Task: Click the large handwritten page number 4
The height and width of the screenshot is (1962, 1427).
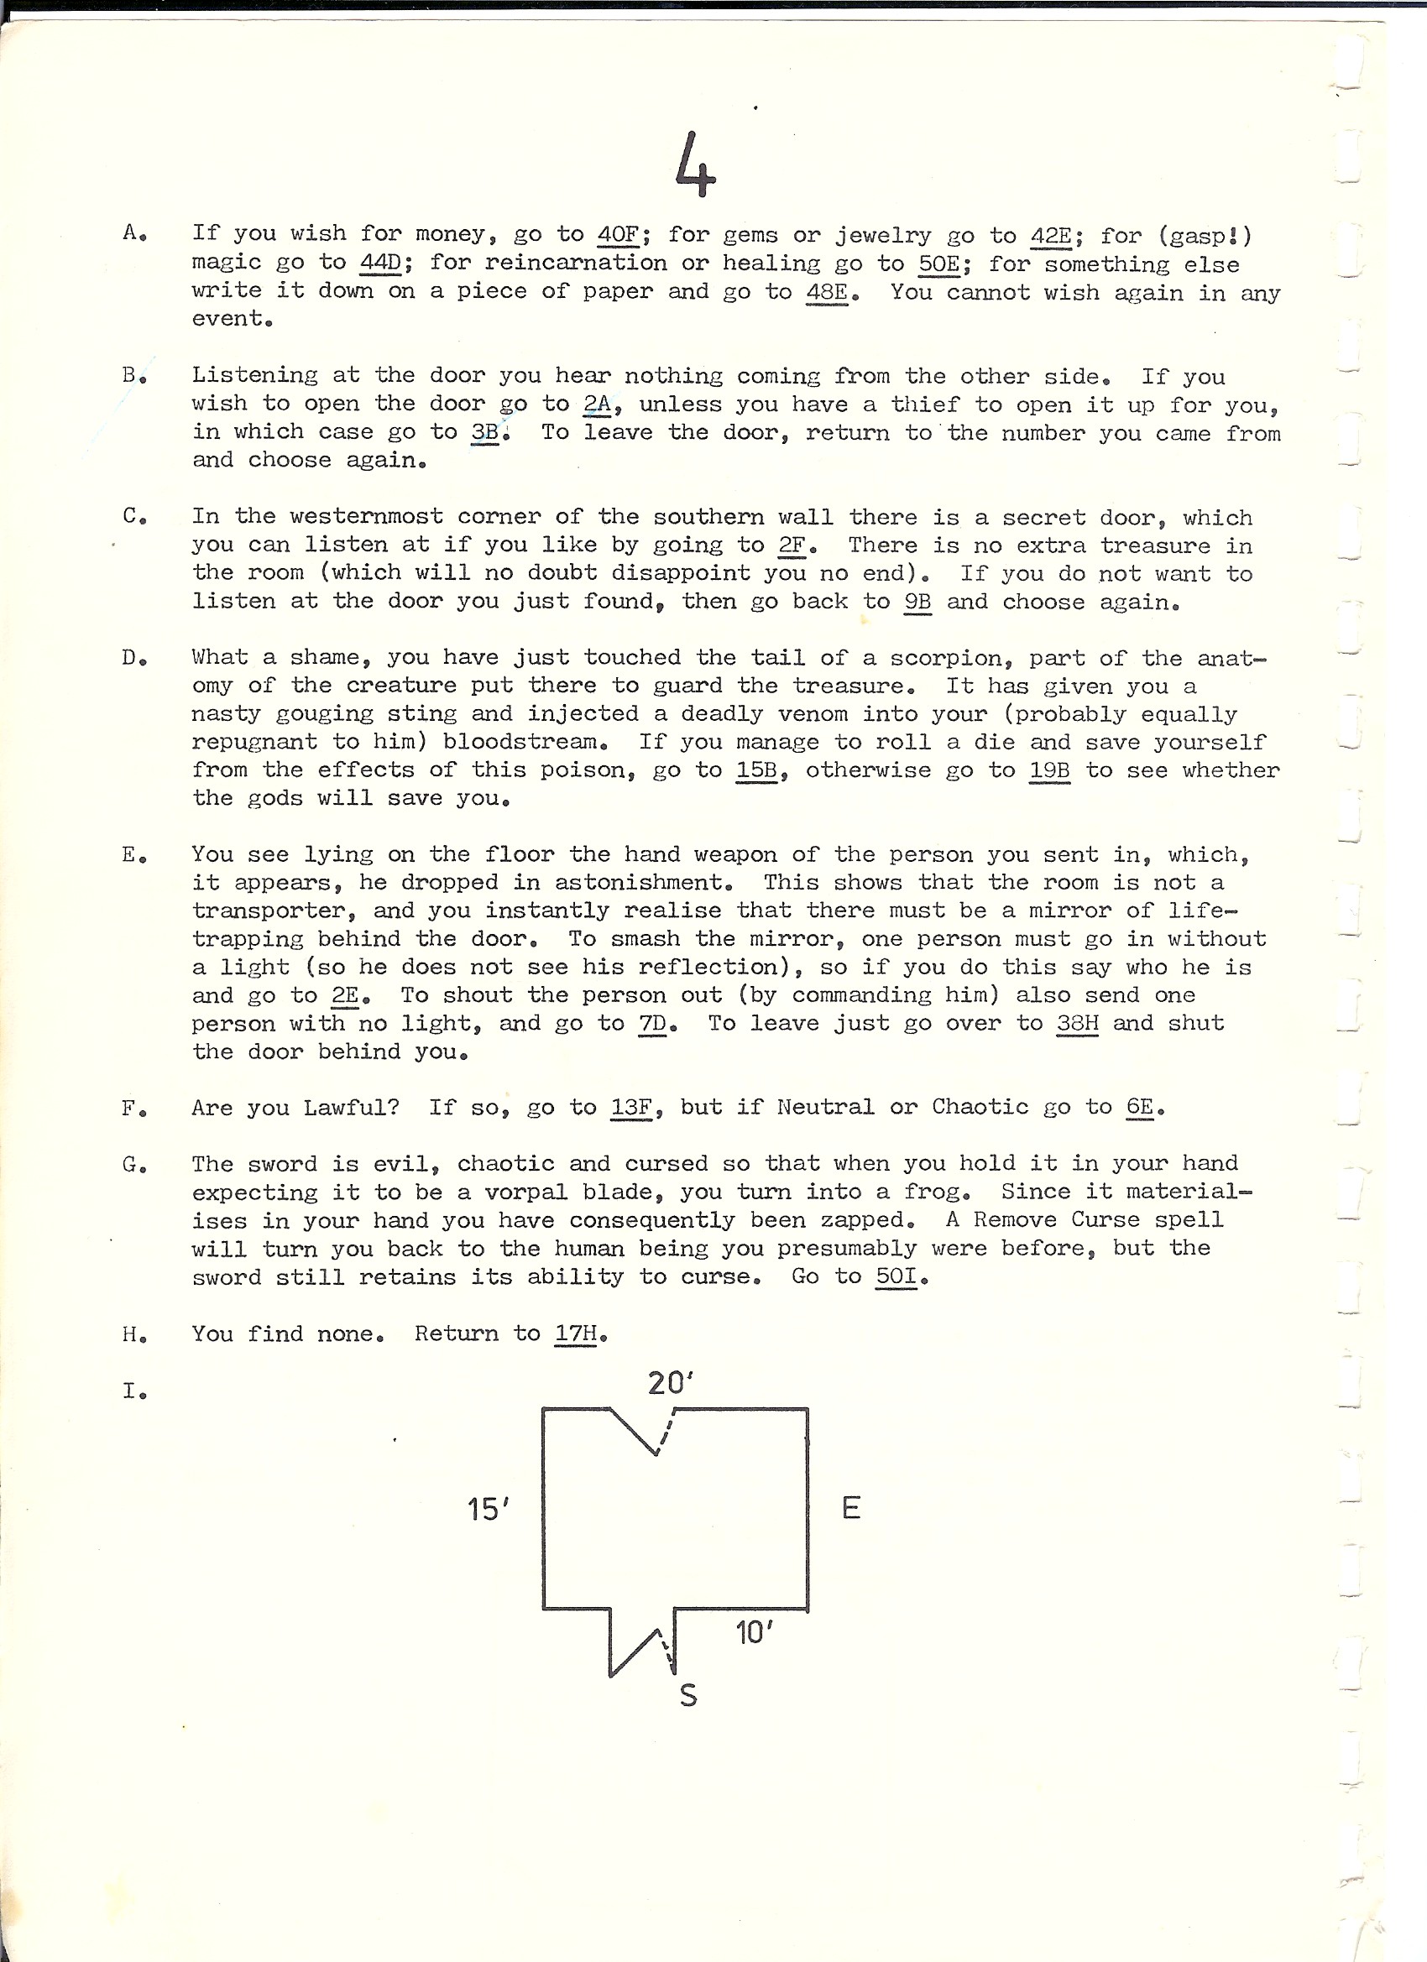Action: click(x=695, y=164)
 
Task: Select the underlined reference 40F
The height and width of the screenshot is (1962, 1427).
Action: click(x=618, y=234)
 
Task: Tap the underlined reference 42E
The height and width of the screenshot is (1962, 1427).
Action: click(x=1052, y=235)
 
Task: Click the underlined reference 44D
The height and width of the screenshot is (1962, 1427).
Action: click(x=381, y=262)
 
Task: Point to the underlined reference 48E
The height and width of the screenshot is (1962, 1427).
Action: click(x=826, y=291)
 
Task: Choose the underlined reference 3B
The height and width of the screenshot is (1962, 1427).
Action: click(x=484, y=431)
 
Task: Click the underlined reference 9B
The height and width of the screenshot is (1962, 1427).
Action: click(x=917, y=601)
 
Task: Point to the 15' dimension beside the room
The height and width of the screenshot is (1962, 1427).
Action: click(x=488, y=1510)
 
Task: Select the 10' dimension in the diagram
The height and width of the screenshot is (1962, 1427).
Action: click(x=754, y=1633)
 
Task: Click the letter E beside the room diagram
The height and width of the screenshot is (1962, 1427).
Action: click(x=850, y=1509)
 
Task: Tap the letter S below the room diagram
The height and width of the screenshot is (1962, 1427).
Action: click(x=688, y=1694)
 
